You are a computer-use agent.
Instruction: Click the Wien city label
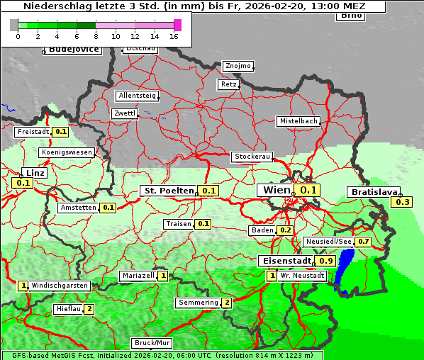pyautogui.click(x=277, y=190)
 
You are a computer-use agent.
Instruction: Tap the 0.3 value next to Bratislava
pyautogui.click(x=403, y=202)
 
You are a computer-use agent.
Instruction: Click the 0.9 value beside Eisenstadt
pyautogui.click(x=325, y=261)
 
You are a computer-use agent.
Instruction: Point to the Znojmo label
pyautogui.click(x=238, y=66)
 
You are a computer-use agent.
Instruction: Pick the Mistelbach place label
pyautogui.click(x=299, y=121)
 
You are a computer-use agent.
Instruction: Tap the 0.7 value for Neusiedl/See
pyautogui.click(x=363, y=242)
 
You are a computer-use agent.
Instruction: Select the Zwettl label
pyautogui.click(x=125, y=113)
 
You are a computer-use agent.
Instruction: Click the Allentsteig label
pyautogui.click(x=137, y=96)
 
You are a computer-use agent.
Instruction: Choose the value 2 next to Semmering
pyautogui.click(x=227, y=303)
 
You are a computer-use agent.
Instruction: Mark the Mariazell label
pyautogui.click(x=138, y=276)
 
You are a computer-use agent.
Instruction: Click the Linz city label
pyautogui.click(x=34, y=173)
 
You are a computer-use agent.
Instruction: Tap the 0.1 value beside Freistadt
pyautogui.click(x=61, y=131)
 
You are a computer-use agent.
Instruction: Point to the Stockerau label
pyautogui.click(x=252, y=157)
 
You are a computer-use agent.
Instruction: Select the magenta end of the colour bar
pyautogui.click(x=177, y=25)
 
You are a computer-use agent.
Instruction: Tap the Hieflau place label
pyautogui.click(x=68, y=309)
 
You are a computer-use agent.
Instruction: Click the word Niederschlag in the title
pyautogui.click(x=55, y=6)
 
